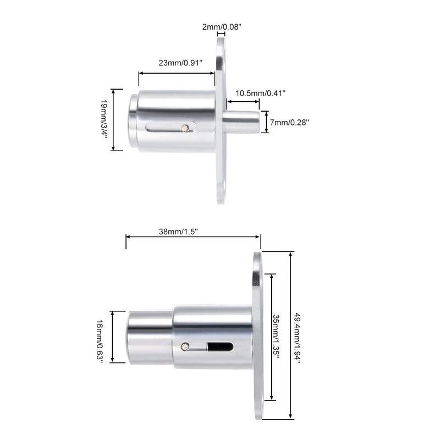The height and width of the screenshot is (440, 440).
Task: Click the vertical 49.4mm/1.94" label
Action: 298,337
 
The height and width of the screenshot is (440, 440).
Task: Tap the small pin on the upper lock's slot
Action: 186,128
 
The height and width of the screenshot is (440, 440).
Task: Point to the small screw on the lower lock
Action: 185,346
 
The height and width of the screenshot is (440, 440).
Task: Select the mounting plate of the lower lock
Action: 257,335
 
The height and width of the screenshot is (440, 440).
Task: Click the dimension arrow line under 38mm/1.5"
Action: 193,237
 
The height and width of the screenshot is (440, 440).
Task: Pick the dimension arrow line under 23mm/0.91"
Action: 177,72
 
